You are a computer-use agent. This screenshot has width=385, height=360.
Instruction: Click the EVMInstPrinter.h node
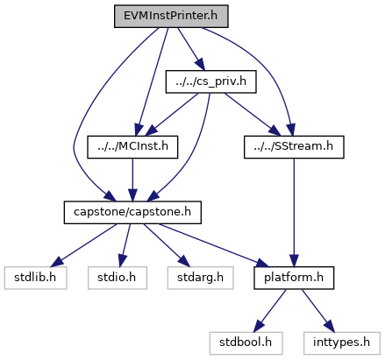[171, 16]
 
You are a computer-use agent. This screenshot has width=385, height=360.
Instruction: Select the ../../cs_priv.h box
[210, 81]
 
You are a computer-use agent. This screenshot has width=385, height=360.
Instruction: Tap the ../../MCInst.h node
[132, 147]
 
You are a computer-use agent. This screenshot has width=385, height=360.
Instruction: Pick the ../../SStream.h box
[294, 147]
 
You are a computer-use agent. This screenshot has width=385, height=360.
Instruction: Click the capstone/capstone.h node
[132, 212]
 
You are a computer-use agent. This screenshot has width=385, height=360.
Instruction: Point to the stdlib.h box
[35, 278]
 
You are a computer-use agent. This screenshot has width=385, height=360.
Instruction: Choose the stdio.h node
[118, 278]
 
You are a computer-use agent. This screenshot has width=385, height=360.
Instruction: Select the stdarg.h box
[200, 278]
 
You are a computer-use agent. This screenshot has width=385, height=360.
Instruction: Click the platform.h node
[294, 278]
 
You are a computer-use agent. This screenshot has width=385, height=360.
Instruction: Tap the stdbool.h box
[246, 343]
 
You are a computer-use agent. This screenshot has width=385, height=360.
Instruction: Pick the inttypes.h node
[342, 343]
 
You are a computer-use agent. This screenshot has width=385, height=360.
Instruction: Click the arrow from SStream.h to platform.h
[294, 212]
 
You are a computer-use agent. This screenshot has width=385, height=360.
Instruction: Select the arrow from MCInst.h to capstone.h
[132, 180]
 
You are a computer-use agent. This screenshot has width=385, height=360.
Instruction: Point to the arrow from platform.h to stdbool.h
[270, 311]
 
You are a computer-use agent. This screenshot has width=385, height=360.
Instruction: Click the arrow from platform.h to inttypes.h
[317, 311]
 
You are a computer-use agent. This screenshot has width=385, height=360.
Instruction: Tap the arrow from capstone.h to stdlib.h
[84, 245]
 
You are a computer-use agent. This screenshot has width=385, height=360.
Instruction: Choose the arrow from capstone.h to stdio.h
[125, 245]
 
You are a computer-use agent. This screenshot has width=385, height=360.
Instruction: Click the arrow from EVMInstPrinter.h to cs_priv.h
[191, 49]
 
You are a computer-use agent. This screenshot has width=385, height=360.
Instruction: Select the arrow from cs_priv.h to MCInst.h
[172, 114]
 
